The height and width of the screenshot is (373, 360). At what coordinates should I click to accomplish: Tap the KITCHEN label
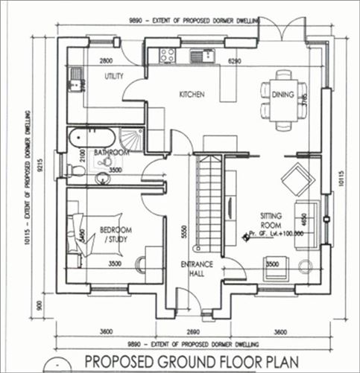click(191, 95)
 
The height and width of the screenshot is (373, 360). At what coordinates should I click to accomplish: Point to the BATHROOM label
click(113, 153)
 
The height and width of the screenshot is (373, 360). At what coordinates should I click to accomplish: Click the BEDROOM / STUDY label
click(114, 235)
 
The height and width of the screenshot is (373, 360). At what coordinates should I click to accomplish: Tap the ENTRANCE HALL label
click(198, 270)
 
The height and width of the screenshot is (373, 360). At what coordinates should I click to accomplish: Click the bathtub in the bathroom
click(91, 138)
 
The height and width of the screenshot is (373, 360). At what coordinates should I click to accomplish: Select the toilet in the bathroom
click(77, 170)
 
